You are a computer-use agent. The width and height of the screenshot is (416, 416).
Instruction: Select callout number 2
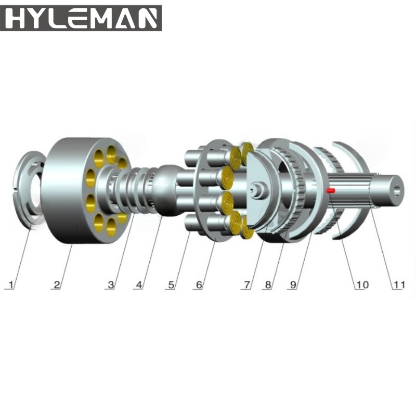57,284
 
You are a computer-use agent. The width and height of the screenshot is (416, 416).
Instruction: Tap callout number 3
110,284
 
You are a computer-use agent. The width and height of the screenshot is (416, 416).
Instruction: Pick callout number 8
268,284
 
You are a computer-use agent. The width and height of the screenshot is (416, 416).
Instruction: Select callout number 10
361,284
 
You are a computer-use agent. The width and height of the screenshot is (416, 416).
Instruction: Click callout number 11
397,284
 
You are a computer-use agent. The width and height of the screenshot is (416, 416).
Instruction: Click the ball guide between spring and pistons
167,190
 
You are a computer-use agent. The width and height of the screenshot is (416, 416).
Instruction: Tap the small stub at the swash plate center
257,190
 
